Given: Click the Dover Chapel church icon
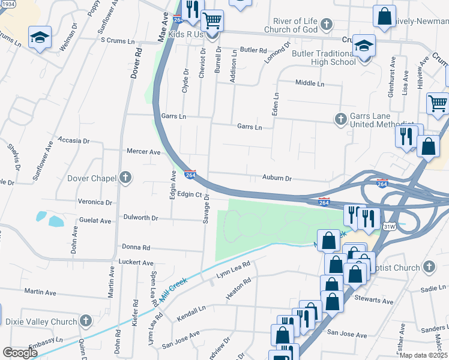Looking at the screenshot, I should (x=125, y=178).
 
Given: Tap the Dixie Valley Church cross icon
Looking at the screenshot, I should (x=86, y=322).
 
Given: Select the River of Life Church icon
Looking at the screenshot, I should (x=326, y=25).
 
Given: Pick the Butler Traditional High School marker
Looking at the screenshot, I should (x=364, y=46).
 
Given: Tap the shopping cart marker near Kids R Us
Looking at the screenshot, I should (x=211, y=20).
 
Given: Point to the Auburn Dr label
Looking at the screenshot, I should (x=277, y=178).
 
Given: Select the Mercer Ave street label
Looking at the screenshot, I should (x=143, y=152).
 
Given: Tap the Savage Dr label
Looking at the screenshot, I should (x=206, y=208).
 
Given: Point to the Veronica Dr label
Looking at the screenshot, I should (x=94, y=202).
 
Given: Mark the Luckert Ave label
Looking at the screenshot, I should (x=137, y=262).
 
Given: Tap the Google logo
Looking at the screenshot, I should (x=20, y=353).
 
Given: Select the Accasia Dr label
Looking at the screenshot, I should (x=73, y=140).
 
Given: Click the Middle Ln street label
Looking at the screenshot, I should (x=310, y=83).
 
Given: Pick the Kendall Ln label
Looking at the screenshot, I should (x=191, y=309).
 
